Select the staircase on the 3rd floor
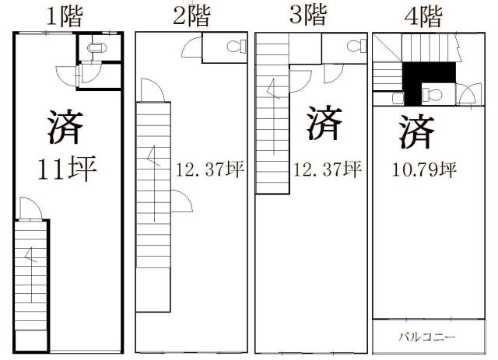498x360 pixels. click(x=272, y=117)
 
